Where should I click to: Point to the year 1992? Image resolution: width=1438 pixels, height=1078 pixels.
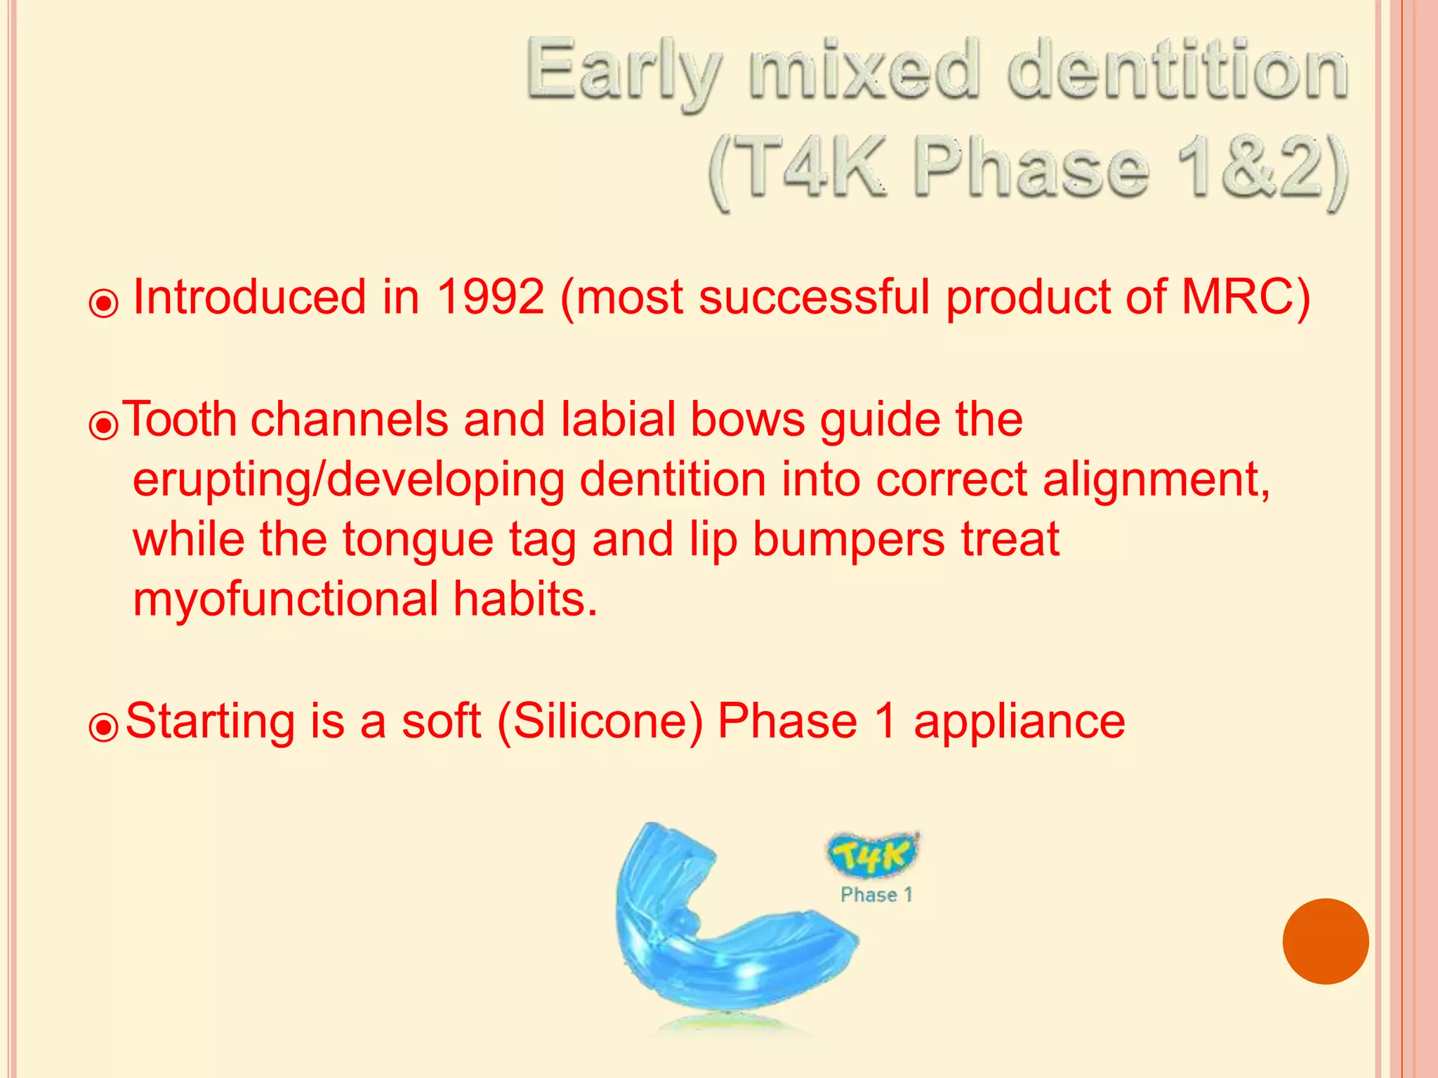[x=490, y=297]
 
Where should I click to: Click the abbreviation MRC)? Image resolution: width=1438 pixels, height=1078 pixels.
[x=1246, y=297]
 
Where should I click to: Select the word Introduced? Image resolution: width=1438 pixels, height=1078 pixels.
[x=249, y=297]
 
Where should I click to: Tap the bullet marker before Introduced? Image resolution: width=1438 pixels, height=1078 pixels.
[x=104, y=304]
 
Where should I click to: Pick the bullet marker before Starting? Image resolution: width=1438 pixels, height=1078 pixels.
[x=104, y=728]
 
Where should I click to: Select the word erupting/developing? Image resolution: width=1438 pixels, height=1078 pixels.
[x=348, y=480]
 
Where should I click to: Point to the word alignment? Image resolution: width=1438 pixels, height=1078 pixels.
[x=1156, y=480]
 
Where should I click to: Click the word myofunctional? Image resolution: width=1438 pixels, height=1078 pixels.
[x=285, y=599]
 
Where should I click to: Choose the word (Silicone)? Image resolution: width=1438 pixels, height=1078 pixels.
[x=600, y=721]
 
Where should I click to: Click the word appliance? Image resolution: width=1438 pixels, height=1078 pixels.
[x=1019, y=721]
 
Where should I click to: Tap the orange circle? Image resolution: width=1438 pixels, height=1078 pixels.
[x=1325, y=941]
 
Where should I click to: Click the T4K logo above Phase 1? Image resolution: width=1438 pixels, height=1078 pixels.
[x=873, y=854]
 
